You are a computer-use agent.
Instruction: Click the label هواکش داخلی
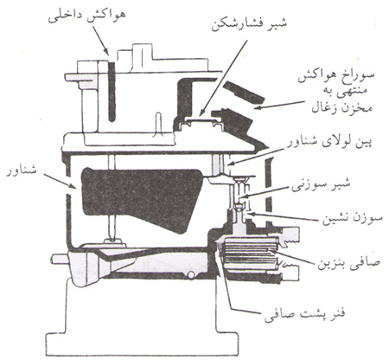click(86, 18)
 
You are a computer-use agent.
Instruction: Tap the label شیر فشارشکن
click(250, 24)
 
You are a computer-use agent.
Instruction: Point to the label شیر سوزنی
click(321, 185)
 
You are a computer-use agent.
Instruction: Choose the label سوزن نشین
click(350, 217)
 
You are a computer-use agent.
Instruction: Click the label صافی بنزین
click(349, 261)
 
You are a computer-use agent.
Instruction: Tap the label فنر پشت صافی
click(304, 314)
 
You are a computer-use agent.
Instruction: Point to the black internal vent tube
click(112, 92)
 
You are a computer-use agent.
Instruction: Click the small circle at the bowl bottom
click(190, 275)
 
